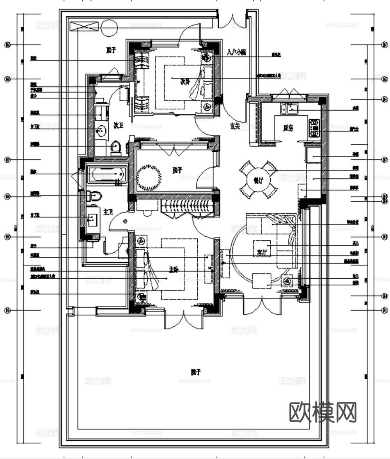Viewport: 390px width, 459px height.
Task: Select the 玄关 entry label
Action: [x=235, y=126]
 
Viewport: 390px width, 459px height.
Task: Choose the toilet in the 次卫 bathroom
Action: [x=116, y=148]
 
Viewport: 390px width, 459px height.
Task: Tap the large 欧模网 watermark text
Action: [x=323, y=412]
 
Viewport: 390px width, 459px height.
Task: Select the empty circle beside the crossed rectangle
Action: [x=109, y=27]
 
